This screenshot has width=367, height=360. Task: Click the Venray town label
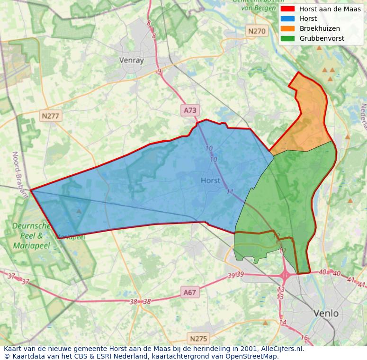click(x=131, y=60)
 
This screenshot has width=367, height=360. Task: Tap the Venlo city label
click(x=326, y=313)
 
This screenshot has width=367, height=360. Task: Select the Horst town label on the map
click(x=211, y=180)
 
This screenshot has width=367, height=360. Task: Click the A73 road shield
click(x=190, y=110)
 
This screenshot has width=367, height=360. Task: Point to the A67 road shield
click(x=189, y=292)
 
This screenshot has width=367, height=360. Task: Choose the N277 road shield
click(x=51, y=116)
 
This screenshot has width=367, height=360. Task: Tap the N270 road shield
click(x=257, y=31)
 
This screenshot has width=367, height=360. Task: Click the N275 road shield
click(x=198, y=338)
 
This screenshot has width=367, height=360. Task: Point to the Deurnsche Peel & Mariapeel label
click(x=27, y=235)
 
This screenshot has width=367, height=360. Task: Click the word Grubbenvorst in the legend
click(x=322, y=38)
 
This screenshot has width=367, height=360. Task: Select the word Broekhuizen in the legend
click(x=320, y=28)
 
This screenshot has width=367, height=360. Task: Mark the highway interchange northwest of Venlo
click(x=286, y=274)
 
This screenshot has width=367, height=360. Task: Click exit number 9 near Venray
click(x=159, y=72)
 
